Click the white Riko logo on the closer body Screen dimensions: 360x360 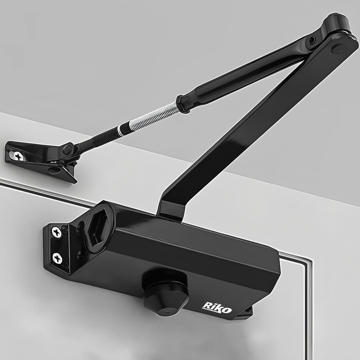coord(217,307)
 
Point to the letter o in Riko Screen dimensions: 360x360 coord(227,310)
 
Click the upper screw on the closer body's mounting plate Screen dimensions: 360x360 coord(56,232)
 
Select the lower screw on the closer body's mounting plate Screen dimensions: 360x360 coord(57,258)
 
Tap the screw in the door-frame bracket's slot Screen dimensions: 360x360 coord(17,157)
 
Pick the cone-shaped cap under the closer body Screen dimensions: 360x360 coord(165,298)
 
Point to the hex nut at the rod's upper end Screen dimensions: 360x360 coord(183,104)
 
